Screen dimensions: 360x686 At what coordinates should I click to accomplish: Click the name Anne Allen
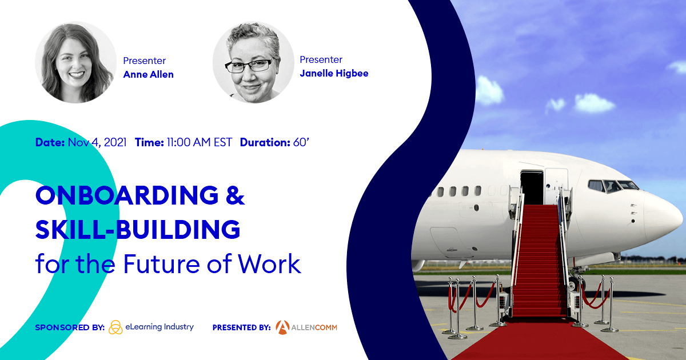click(148, 74)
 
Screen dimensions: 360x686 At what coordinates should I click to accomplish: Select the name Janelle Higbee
click(334, 73)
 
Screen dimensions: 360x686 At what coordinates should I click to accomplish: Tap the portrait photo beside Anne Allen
click(75, 62)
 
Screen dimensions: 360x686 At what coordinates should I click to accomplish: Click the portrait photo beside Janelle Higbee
click(253, 62)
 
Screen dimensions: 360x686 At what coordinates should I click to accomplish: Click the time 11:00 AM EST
click(199, 142)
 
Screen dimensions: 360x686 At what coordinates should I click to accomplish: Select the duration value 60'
click(301, 142)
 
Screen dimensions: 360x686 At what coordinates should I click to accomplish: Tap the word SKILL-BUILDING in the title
click(138, 229)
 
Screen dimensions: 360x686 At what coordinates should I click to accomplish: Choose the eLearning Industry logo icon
click(115, 327)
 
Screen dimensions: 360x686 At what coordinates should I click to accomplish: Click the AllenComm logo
click(306, 327)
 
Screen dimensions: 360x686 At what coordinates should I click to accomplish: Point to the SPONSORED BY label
click(69, 327)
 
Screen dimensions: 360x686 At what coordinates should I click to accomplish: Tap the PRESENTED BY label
click(241, 327)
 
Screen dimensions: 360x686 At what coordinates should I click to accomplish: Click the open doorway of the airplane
click(532, 187)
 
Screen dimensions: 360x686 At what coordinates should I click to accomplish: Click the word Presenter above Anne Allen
click(145, 61)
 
